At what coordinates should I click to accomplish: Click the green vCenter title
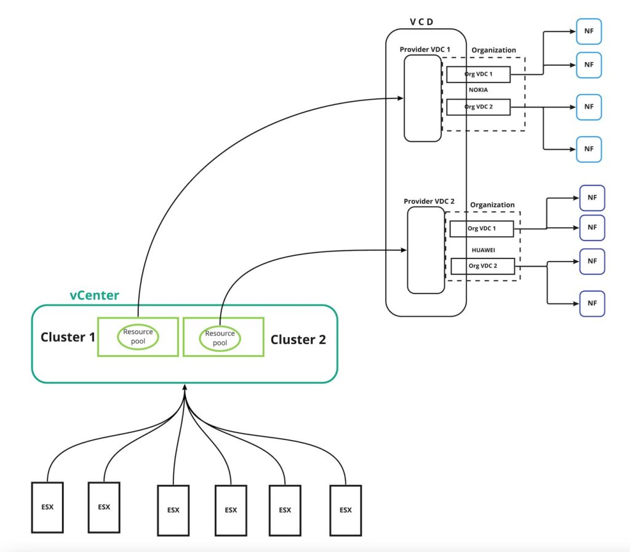coord(94,295)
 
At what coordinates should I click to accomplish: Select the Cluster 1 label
coord(68,337)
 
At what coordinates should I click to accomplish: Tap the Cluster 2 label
coord(298,339)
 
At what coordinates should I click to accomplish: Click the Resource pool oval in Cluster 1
coord(138,336)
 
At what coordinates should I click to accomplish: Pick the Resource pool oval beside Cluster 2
coord(220,338)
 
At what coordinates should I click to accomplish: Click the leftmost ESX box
coord(47,507)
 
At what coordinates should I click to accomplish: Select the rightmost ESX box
coord(345,509)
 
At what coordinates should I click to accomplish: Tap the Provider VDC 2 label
coord(429,201)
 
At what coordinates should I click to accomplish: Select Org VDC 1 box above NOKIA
coord(478,74)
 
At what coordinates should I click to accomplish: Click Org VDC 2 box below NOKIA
coord(478,106)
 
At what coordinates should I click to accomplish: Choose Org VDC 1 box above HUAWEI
coord(481,229)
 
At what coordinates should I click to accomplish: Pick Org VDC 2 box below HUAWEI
coord(483,266)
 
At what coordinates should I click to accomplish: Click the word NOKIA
coord(478,90)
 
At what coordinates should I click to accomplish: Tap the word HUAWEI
coord(483,250)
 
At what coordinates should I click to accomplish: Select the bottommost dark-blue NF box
coord(592,303)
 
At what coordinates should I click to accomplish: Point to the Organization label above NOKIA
coord(493,50)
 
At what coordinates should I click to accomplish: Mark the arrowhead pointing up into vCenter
coord(185,386)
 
